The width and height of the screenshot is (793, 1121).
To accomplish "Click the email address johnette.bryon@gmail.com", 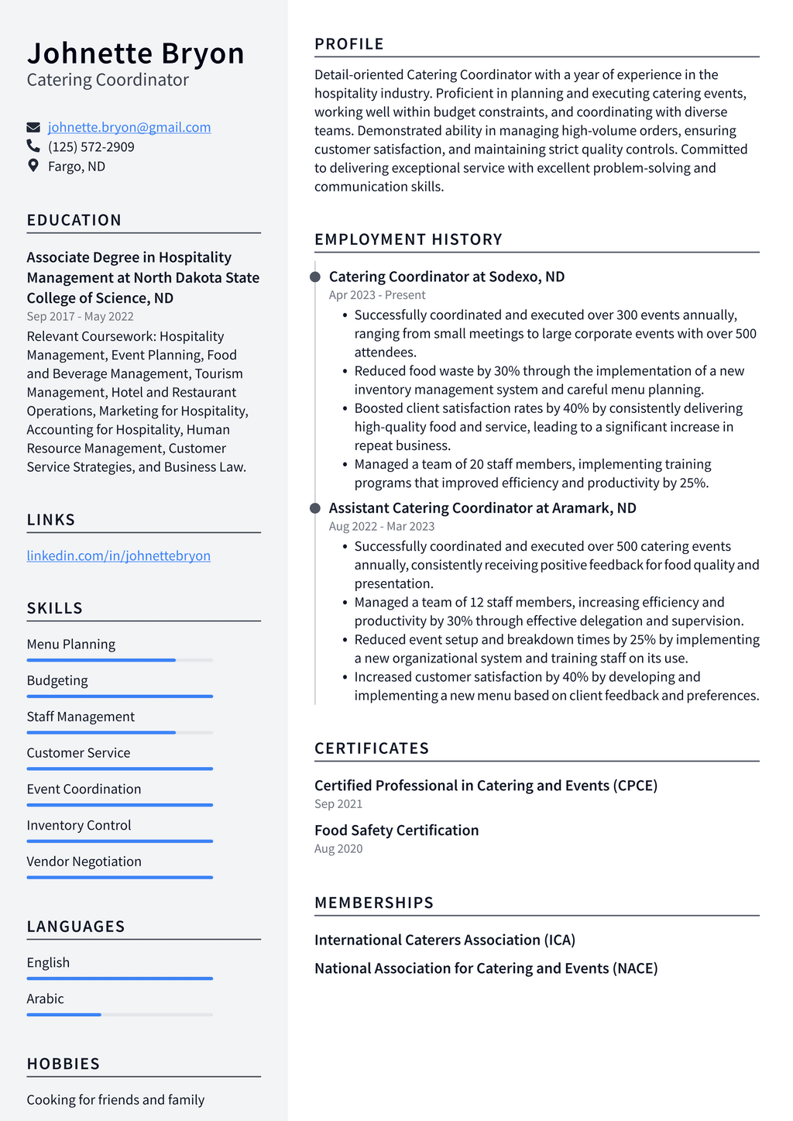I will (x=129, y=127).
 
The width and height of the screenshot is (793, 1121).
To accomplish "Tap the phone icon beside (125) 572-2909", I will (x=33, y=146).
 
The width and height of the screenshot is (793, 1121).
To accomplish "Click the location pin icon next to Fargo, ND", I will (x=33, y=165).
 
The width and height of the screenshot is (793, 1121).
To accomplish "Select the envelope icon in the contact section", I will (x=33, y=127).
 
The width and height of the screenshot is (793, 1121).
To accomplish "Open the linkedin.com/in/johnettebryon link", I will (x=118, y=555).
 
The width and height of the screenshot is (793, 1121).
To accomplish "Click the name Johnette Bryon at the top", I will (x=136, y=53).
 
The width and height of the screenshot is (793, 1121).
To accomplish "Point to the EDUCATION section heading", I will (x=74, y=220).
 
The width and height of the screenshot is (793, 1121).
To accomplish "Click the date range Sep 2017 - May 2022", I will (x=80, y=316).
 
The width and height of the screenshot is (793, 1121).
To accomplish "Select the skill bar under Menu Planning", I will (x=119, y=660).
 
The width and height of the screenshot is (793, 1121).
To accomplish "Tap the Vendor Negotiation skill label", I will (x=84, y=861).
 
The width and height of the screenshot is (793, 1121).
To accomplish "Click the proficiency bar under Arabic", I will (x=119, y=1014).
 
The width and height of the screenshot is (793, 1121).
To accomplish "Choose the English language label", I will (x=48, y=962).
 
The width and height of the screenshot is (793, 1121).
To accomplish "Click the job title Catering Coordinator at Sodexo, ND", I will (x=447, y=277).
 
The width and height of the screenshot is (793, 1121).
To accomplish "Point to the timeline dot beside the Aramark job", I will (x=315, y=508).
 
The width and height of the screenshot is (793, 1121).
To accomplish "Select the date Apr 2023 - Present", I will (x=377, y=295).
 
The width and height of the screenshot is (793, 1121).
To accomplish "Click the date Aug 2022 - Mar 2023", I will (x=382, y=526).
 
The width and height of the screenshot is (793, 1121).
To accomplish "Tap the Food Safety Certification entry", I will (x=396, y=830).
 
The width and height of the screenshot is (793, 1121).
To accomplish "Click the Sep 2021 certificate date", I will (x=338, y=804).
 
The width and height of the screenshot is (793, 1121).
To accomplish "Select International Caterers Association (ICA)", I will (x=445, y=940).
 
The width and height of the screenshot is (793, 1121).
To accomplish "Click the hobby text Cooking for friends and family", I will (x=115, y=1099).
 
